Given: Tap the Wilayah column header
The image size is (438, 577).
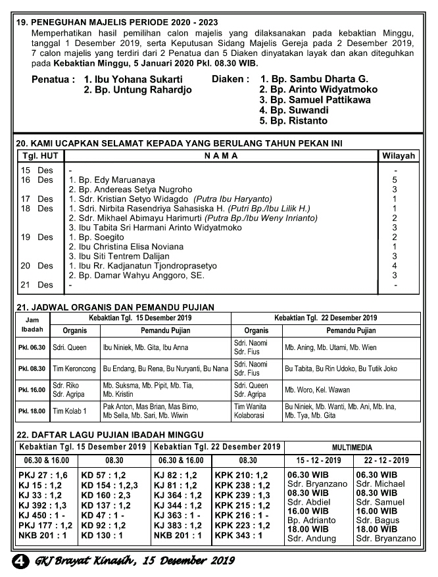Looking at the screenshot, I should click(399, 156).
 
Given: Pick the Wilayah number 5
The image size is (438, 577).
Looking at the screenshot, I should click(395, 179).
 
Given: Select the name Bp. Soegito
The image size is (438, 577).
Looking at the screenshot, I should click(97, 237).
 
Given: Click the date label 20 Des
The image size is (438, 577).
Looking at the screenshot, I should click(37, 266).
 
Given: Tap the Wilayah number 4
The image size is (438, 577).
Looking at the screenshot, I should click(395, 266).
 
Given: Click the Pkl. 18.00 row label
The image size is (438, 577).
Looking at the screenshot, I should click(32, 412).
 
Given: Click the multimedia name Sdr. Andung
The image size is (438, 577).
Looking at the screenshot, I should click(312, 538).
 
